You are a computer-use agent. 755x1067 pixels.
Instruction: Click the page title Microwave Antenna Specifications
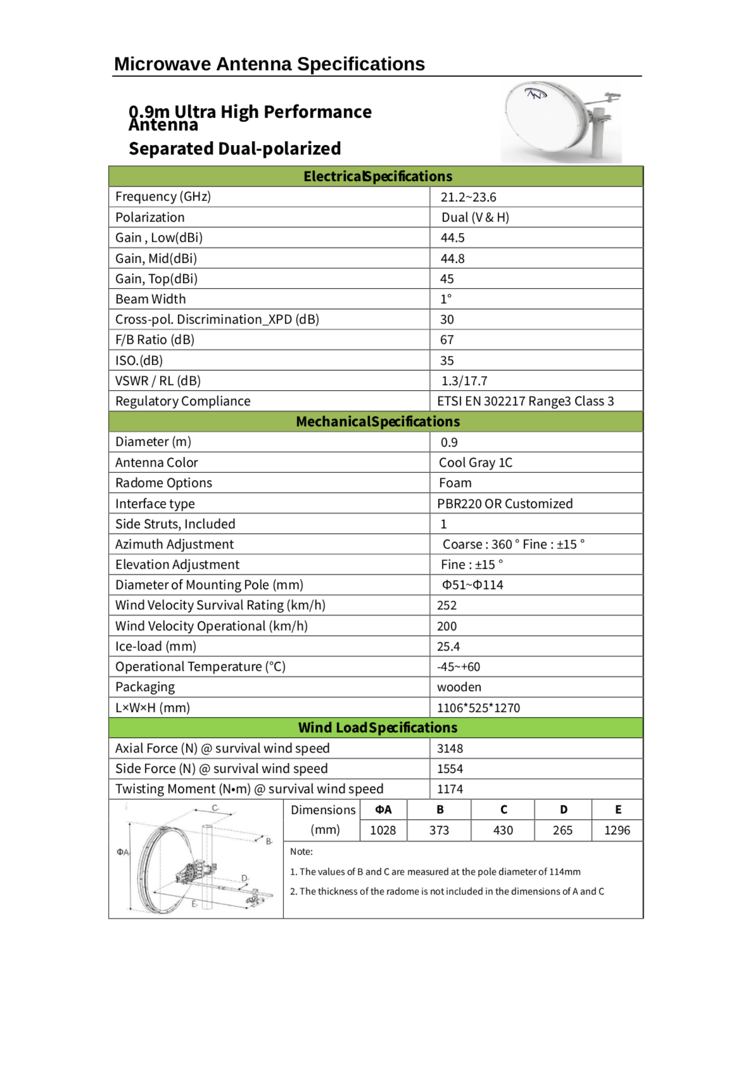coord(269,64)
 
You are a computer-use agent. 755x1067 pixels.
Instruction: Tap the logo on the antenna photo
coord(535,94)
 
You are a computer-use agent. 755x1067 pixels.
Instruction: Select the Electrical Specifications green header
coord(377,176)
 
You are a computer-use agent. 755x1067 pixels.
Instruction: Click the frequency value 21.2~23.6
coord(468,197)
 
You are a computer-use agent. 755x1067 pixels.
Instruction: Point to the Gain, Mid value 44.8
coord(452,259)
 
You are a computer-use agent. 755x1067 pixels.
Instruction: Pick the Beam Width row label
coord(150,299)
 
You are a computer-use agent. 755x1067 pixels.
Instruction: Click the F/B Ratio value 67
coord(447,340)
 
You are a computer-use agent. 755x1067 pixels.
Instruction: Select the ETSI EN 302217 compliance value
coord(525,401)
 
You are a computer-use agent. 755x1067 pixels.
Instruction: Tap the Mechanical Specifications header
coord(377,421)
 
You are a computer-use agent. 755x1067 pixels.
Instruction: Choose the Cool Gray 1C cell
coord(476,463)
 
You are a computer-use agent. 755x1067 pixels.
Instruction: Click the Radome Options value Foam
coord(455,483)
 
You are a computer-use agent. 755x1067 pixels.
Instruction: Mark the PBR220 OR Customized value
coord(504,504)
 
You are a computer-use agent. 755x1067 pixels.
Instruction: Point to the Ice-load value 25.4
coord(448,647)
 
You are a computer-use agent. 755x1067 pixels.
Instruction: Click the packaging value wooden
coord(459,687)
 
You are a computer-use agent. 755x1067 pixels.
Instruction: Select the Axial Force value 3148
coord(449,749)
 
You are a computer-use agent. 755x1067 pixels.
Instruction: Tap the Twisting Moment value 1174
coord(449,789)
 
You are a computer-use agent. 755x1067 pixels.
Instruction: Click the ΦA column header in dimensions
coord(383,810)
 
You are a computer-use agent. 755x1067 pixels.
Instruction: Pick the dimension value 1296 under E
coord(617,830)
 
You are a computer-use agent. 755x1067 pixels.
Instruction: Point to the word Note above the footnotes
coord(301,851)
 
